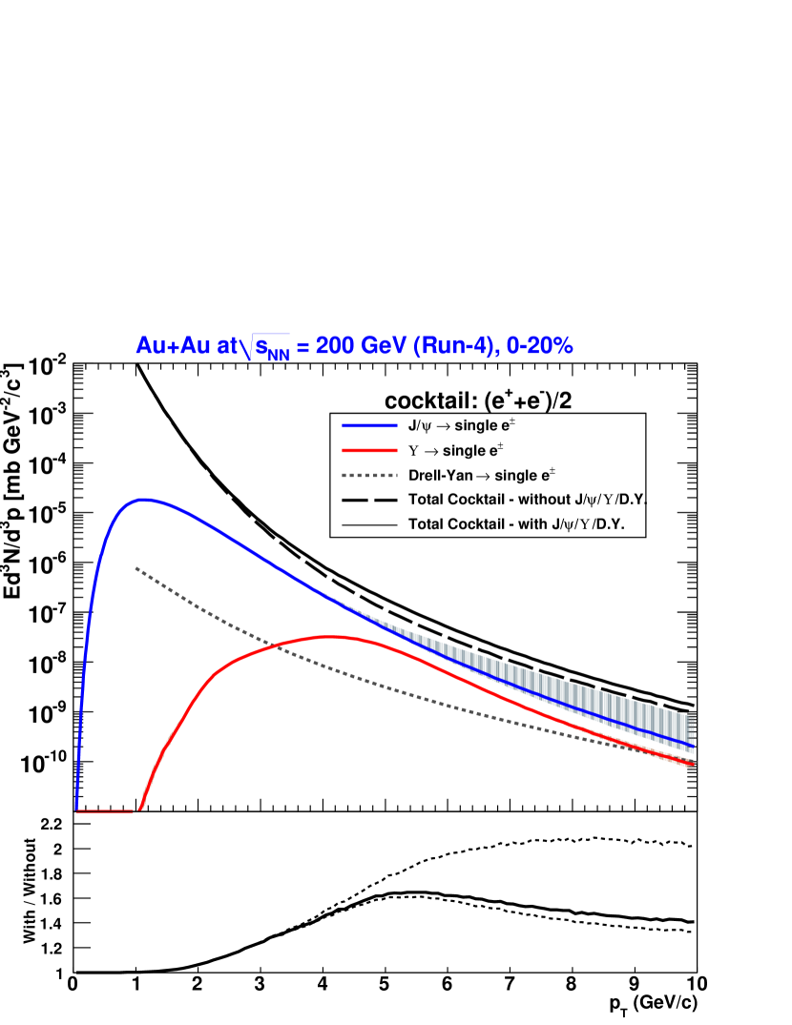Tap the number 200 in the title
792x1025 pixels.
point(335,346)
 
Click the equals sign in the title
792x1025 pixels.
point(302,347)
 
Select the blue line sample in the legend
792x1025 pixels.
point(369,425)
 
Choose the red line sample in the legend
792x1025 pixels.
point(369,450)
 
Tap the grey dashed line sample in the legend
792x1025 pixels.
point(369,474)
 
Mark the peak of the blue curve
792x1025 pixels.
point(144,499)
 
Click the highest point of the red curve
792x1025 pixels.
point(329,636)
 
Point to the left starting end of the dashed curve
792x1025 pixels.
point(136,568)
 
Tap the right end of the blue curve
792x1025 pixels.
point(692,745)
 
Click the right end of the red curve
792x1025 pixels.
point(692,764)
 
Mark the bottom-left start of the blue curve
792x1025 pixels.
point(77,809)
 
